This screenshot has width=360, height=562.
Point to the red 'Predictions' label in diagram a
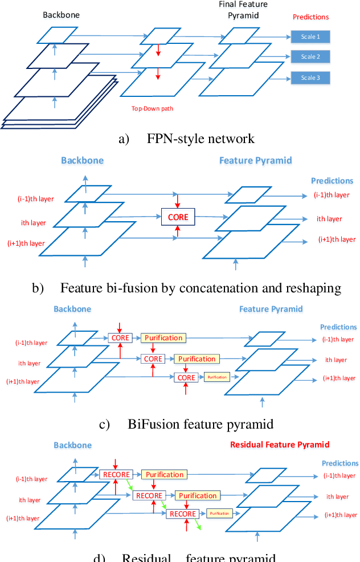[310, 17]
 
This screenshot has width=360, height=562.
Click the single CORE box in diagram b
[178, 217]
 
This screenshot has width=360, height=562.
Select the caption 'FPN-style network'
[201, 139]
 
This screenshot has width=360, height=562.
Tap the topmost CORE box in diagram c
[120, 338]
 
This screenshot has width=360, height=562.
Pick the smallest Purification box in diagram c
[217, 377]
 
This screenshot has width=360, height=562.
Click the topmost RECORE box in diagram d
[116, 474]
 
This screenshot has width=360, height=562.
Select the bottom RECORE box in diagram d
[182, 514]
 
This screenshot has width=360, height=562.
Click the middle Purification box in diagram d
[197, 495]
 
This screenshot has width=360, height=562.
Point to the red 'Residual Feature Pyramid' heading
[279, 445]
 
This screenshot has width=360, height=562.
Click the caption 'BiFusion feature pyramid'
[201, 424]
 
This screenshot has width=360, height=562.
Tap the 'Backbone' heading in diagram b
[82, 160]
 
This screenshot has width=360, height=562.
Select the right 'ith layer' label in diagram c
[336, 360]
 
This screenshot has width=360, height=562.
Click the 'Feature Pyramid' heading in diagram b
[255, 160]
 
